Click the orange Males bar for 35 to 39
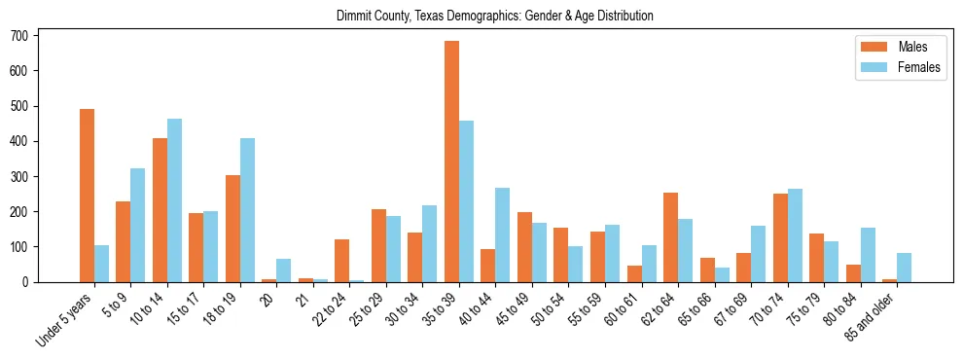coord(451,162)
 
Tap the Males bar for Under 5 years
coord(87,196)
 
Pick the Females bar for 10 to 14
coord(174,200)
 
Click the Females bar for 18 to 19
coord(247,210)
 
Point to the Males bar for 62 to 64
coord(670,237)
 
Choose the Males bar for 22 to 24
coord(342,247)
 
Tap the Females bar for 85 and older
coord(904,268)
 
